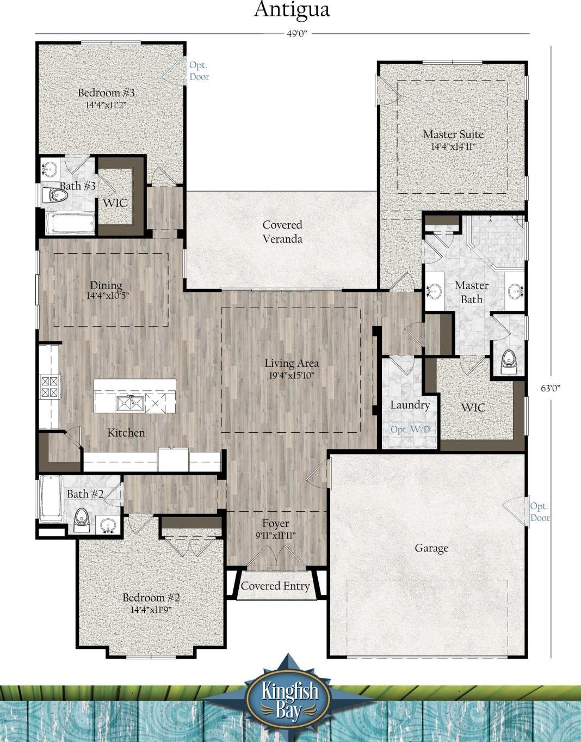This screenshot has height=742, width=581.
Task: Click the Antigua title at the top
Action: (x=292, y=10)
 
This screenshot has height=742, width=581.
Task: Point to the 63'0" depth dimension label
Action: (x=551, y=388)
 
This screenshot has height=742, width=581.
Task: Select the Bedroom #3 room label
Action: (x=107, y=93)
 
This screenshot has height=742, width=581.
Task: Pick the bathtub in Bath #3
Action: (x=70, y=224)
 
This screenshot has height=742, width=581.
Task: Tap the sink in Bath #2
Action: (x=108, y=524)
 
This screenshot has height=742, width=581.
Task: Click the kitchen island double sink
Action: (x=129, y=403)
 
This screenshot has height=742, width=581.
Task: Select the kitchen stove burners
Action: (x=50, y=387)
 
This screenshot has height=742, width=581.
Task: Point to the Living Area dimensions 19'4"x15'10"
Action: (x=292, y=376)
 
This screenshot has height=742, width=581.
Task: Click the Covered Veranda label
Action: (x=282, y=232)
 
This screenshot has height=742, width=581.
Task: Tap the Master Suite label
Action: (x=453, y=134)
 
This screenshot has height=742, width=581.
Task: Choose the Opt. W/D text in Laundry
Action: (x=410, y=429)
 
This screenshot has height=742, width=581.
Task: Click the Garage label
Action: (x=431, y=548)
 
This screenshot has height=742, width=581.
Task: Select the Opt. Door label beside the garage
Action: (x=540, y=512)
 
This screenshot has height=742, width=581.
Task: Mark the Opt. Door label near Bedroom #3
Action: (x=199, y=71)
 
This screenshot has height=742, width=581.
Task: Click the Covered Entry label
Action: (x=275, y=586)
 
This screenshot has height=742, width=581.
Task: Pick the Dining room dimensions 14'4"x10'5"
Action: (x=108, y=296)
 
